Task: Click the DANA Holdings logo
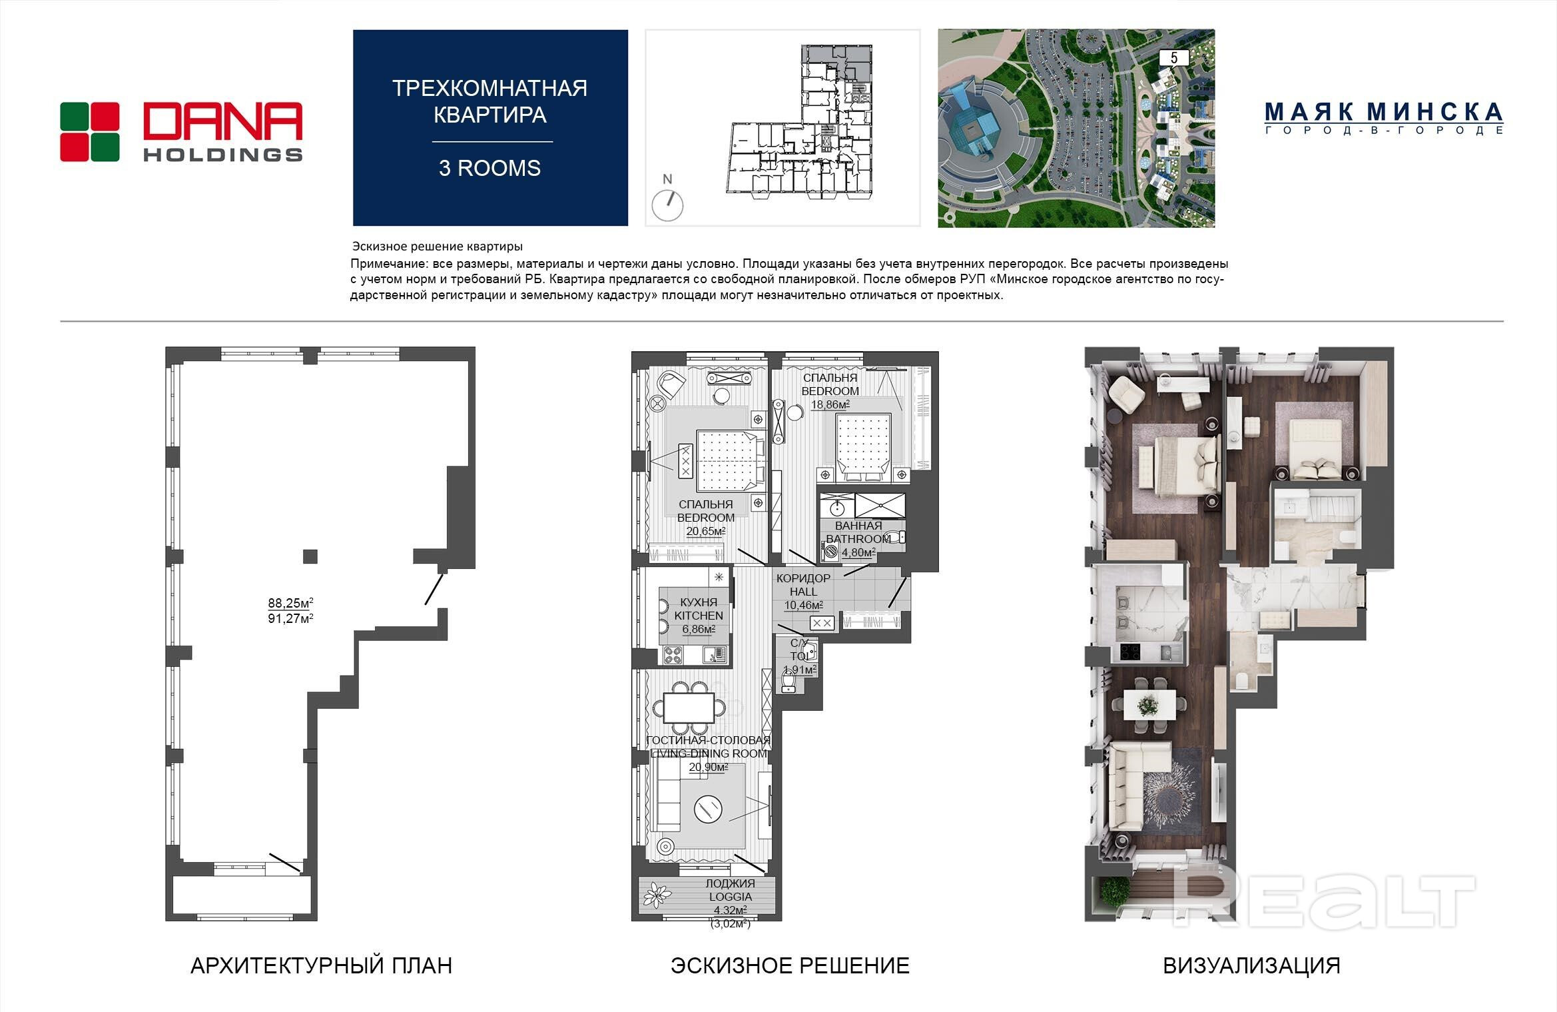[x=181, y=131]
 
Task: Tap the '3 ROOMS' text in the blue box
[x=489, y=168]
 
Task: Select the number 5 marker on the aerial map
[x=1174, y=58]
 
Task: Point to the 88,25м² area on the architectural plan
[x=290, y=603]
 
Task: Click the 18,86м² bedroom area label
[x=830, y=404]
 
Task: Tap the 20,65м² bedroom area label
[x=706, y=531]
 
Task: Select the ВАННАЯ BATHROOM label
[x=858, y=532]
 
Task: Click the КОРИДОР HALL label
[x=803, y=584]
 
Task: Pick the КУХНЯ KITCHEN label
[x=699, y=608]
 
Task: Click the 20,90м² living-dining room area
[x=708, y=767]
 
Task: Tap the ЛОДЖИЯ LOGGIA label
[x=731, y=890]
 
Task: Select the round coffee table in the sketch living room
[x=707, y=809]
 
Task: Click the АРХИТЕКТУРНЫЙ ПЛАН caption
[x=321, y=965]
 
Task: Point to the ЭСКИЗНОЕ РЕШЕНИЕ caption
[x=790, y=965]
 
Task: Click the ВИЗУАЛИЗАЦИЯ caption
[x=1252, y=965]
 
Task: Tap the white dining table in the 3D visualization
[x=1149, y=705]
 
